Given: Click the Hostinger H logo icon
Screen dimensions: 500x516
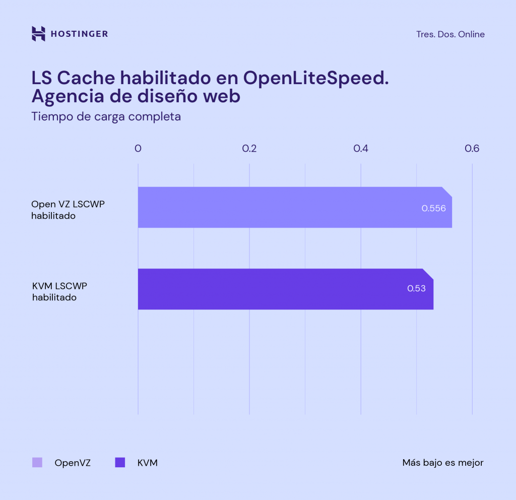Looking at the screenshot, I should (x=38, y=34).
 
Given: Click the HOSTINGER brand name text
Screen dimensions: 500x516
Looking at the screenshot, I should (x=79, y=34).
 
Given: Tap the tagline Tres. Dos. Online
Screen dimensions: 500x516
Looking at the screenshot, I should (x=450, y=34).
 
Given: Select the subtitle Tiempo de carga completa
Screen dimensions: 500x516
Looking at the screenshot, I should (x=106, y=116).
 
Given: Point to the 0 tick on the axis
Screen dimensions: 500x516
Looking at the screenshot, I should (x=138, y=149).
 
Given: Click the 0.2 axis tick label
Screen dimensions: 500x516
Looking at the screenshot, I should (x=249, y=149).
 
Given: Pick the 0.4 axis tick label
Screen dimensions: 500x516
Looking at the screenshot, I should (x=361, y=149).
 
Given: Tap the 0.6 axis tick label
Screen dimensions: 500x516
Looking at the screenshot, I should (x=472, y=149).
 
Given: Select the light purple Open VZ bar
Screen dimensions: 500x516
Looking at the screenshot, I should (x=282, y=207).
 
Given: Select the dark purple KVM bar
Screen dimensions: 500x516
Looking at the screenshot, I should (x=272, y=289).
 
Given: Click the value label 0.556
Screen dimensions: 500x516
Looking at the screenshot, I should (x=434, y=208).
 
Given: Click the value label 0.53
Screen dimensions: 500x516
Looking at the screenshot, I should (x=417, y=289).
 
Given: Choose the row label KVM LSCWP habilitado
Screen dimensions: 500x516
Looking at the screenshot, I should (x=59, y=292).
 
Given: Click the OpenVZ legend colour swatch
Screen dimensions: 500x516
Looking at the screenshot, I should (x=37, y=463).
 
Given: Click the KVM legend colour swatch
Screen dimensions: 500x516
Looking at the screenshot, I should (x=120, y=463).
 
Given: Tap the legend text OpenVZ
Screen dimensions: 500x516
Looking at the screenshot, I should (x=73, y=463).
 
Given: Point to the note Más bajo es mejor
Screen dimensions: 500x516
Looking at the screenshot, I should (x=443, y=463).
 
